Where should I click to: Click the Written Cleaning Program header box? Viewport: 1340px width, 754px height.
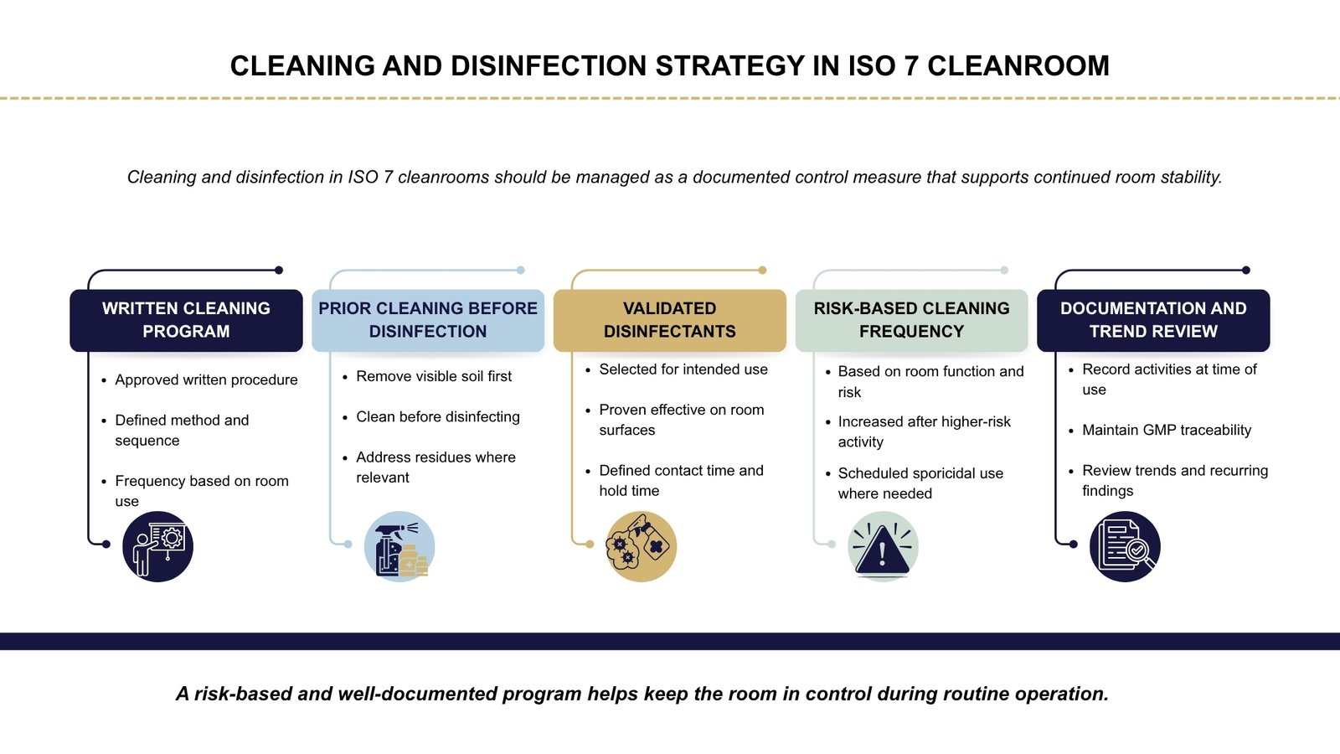[186, 320]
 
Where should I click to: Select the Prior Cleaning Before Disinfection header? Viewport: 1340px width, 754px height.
[428, 320]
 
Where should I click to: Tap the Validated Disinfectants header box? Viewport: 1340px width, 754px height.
[670, 320]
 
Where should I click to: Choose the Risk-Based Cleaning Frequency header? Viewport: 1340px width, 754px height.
[911, 320]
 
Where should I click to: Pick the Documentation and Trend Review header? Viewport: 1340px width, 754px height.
[1153, 320]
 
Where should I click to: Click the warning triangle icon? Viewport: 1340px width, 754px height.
[883, 547]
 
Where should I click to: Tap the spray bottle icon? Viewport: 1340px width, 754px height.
[399, 547]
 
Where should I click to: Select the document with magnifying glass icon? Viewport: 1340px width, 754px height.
[1125, 547]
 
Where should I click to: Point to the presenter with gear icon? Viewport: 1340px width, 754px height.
[157, 547]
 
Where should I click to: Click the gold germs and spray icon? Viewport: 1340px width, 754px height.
[641, 547]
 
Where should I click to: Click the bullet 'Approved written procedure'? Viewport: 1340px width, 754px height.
[206, 380]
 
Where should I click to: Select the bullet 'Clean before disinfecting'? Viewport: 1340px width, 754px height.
[438, 416]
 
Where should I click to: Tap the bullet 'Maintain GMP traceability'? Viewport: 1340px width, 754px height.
[1167, 430]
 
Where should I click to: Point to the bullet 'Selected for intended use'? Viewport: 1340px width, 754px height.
[683, 369]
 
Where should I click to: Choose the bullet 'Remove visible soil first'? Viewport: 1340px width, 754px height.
[434, 376]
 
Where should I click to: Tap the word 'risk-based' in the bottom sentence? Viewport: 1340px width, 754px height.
[243, 694]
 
